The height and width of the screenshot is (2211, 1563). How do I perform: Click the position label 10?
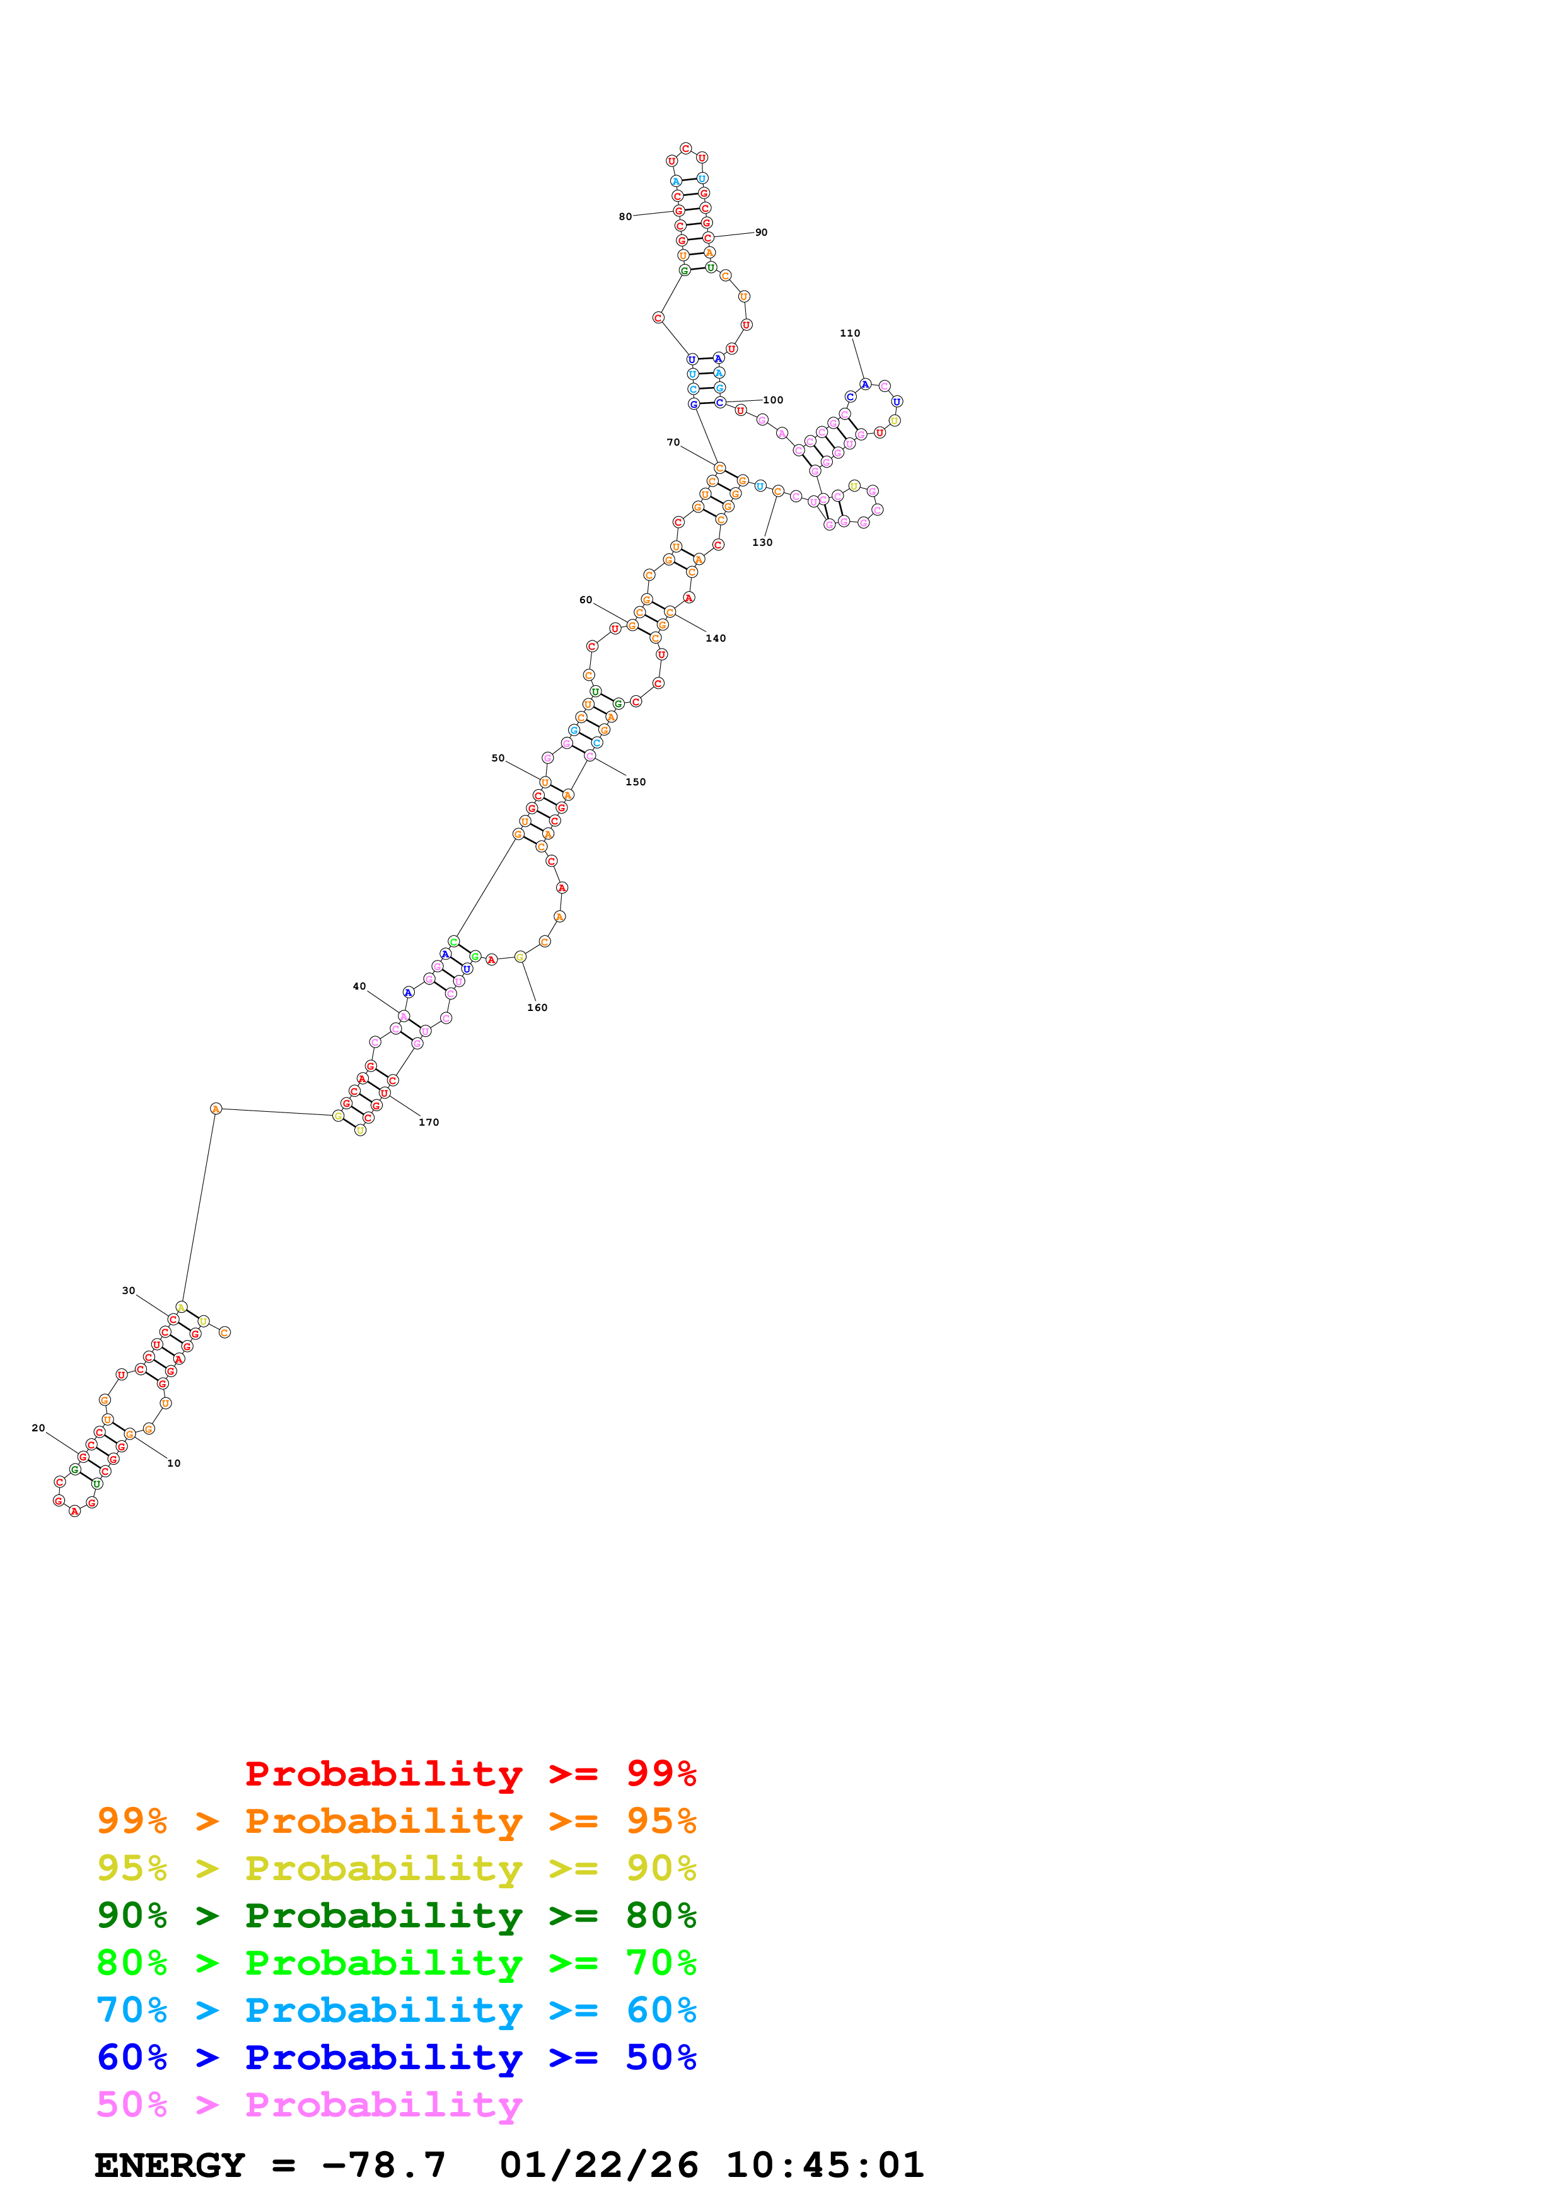pos(173,1463)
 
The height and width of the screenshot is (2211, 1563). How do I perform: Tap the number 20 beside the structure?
pos(38,1428)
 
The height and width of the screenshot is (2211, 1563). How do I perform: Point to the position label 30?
pos(128,1290)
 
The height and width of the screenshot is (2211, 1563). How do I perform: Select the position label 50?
pos(498,758)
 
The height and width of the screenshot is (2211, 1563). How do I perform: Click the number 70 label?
pos(673,442)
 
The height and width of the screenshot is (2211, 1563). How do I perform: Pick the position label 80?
pos(625,217)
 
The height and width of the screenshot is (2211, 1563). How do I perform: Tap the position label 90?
pos(761,232)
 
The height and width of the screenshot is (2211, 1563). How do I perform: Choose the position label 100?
pos(774,400)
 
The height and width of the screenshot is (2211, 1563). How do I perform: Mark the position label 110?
pos(849,333)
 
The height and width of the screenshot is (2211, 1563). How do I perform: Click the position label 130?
pos(762,542)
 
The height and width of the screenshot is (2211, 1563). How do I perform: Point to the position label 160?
pos(537,1007)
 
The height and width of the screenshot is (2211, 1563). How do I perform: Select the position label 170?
pos(429,1122)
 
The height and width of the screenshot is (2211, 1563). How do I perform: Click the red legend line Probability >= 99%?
pos(470,1773)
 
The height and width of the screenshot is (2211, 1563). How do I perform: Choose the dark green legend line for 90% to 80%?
pos(396,1915)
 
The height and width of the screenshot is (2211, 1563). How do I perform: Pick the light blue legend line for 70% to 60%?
pos(396,2010)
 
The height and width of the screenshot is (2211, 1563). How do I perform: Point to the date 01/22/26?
pos(598,2165)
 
